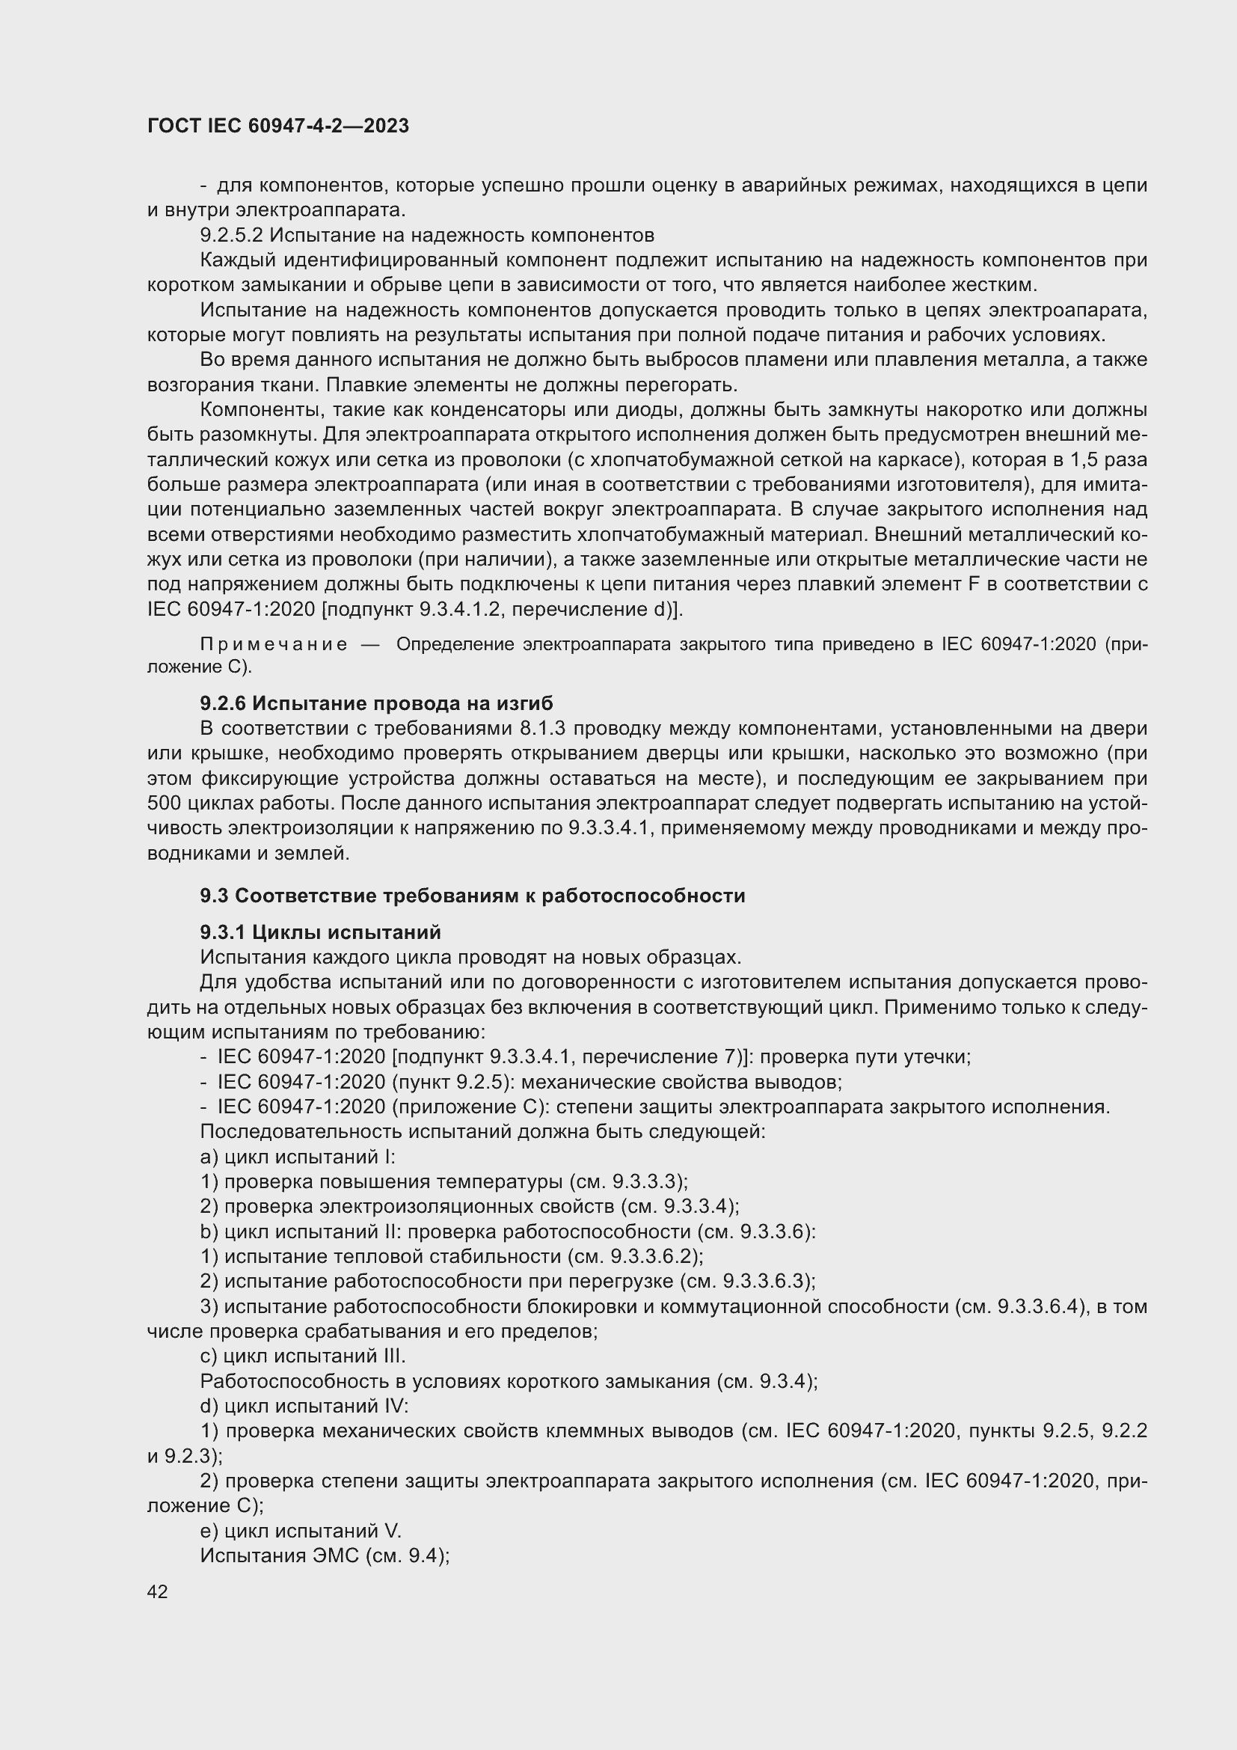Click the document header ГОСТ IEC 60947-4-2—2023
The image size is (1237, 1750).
278,126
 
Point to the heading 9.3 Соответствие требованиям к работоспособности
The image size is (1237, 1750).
472,896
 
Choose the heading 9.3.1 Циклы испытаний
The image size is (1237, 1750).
321,932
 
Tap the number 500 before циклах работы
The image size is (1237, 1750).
163,804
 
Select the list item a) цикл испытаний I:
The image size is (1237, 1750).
297,1156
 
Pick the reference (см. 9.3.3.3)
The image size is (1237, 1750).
628,1181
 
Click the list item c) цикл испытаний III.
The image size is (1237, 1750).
302,1356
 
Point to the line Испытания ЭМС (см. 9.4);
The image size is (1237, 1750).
325,1555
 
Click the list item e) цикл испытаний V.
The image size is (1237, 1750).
300,1531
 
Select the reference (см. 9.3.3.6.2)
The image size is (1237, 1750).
636,1256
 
